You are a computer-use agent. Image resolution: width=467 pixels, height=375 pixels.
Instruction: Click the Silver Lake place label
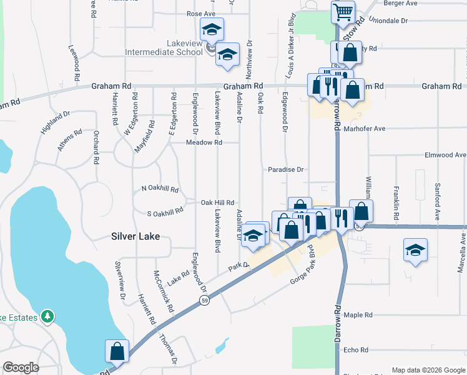[135, 236]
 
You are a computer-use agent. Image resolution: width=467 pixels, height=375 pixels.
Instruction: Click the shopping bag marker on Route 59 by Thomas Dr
[117, 352]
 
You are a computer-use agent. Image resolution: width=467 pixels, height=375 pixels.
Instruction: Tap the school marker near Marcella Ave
[415, 251]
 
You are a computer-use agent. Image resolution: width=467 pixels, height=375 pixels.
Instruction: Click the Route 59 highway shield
[204, 301]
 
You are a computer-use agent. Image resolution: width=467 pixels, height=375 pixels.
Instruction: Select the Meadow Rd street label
[204, 142]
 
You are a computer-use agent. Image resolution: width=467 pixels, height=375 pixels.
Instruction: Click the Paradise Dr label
[285, 169]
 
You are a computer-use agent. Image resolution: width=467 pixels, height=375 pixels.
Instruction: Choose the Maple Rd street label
[358, 315]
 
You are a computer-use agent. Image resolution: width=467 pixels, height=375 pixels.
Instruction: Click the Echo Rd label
[356, 350]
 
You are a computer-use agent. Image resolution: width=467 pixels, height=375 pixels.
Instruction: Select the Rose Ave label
[201, 13]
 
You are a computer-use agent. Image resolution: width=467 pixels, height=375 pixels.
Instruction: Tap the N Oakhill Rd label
[160, 188]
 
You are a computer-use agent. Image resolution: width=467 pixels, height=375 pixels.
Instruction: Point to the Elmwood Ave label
[445, 154]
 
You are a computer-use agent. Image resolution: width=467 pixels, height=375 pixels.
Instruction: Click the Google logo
[21, 367]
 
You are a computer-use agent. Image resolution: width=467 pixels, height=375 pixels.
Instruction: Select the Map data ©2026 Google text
[428, 370]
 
